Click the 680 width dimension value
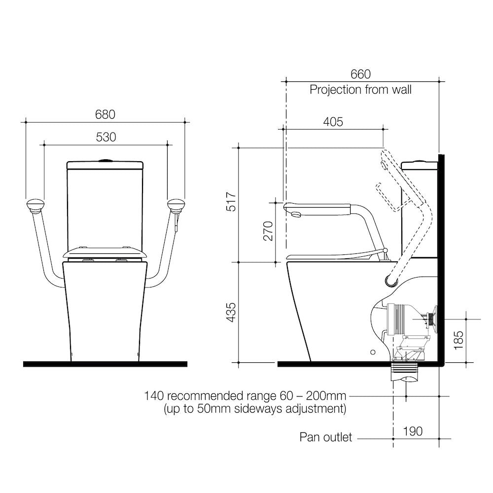[105, 114]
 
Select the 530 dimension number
[106, 137]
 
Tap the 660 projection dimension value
[360, 74]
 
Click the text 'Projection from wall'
[360, 90]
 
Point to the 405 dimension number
[333, 122]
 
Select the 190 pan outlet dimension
[412, 431]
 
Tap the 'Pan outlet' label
[326, 437]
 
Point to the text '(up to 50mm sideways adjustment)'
[254, 409]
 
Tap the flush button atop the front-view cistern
[105, 160]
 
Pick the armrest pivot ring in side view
[391, 282]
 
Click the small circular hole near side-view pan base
[373, 352]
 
